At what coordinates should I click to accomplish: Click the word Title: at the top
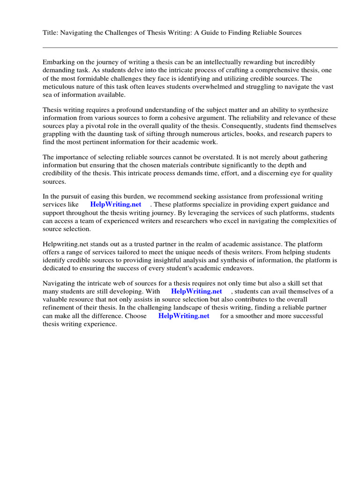[51, 32]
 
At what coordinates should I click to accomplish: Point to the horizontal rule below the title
[190, 47]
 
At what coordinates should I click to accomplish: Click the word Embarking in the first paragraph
[59, 62]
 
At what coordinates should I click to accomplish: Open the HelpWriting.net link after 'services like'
[115, 205]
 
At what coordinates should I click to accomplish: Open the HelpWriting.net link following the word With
[196, 292]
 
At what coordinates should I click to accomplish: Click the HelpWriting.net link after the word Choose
[184, 316]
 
